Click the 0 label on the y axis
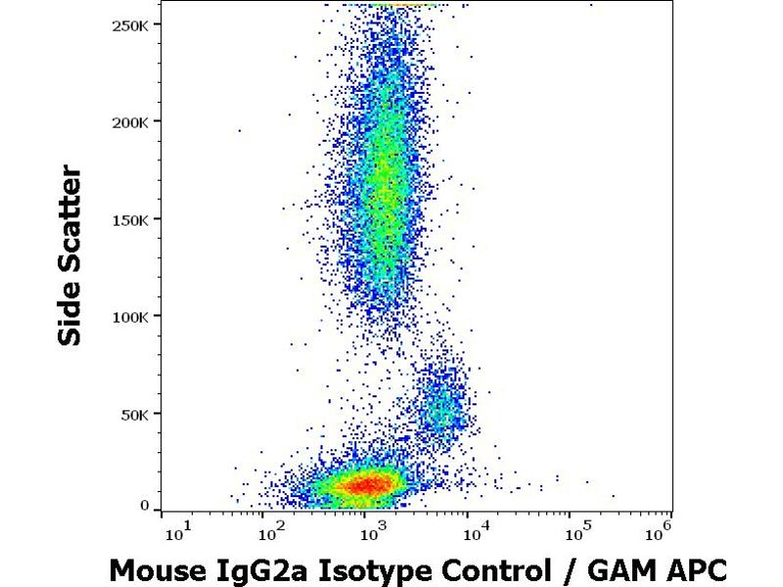[x=144, y=506]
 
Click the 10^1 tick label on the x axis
[x=177, y=531]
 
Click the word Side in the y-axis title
[x=70, y=311]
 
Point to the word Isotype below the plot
[x=356, y=569]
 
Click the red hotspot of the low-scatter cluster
[x=364, y=483]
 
